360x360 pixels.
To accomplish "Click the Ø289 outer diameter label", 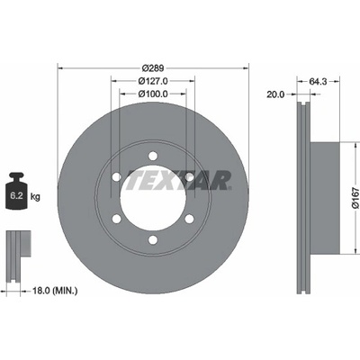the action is pyautogui.click(x=153, y=68).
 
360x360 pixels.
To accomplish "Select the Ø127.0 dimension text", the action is pyautogui.click(x=153, y=81).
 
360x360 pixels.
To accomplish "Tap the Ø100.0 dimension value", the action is pyautogui.click(x=153, y=94).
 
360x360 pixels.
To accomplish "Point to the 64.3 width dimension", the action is pyautogui.click(x=318, y=81).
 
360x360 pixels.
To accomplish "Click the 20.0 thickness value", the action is pyautogui.click(x=275, y=94).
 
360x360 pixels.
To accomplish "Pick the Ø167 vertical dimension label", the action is pyautogui.click(x=355, y=198).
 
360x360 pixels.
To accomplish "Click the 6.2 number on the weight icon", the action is pyautogui.click(x=16, y=196).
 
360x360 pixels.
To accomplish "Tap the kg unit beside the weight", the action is pyautogui.click(x=35, y=197).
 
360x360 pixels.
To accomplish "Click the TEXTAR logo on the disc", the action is pyautogui.click(x=178, y=180).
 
